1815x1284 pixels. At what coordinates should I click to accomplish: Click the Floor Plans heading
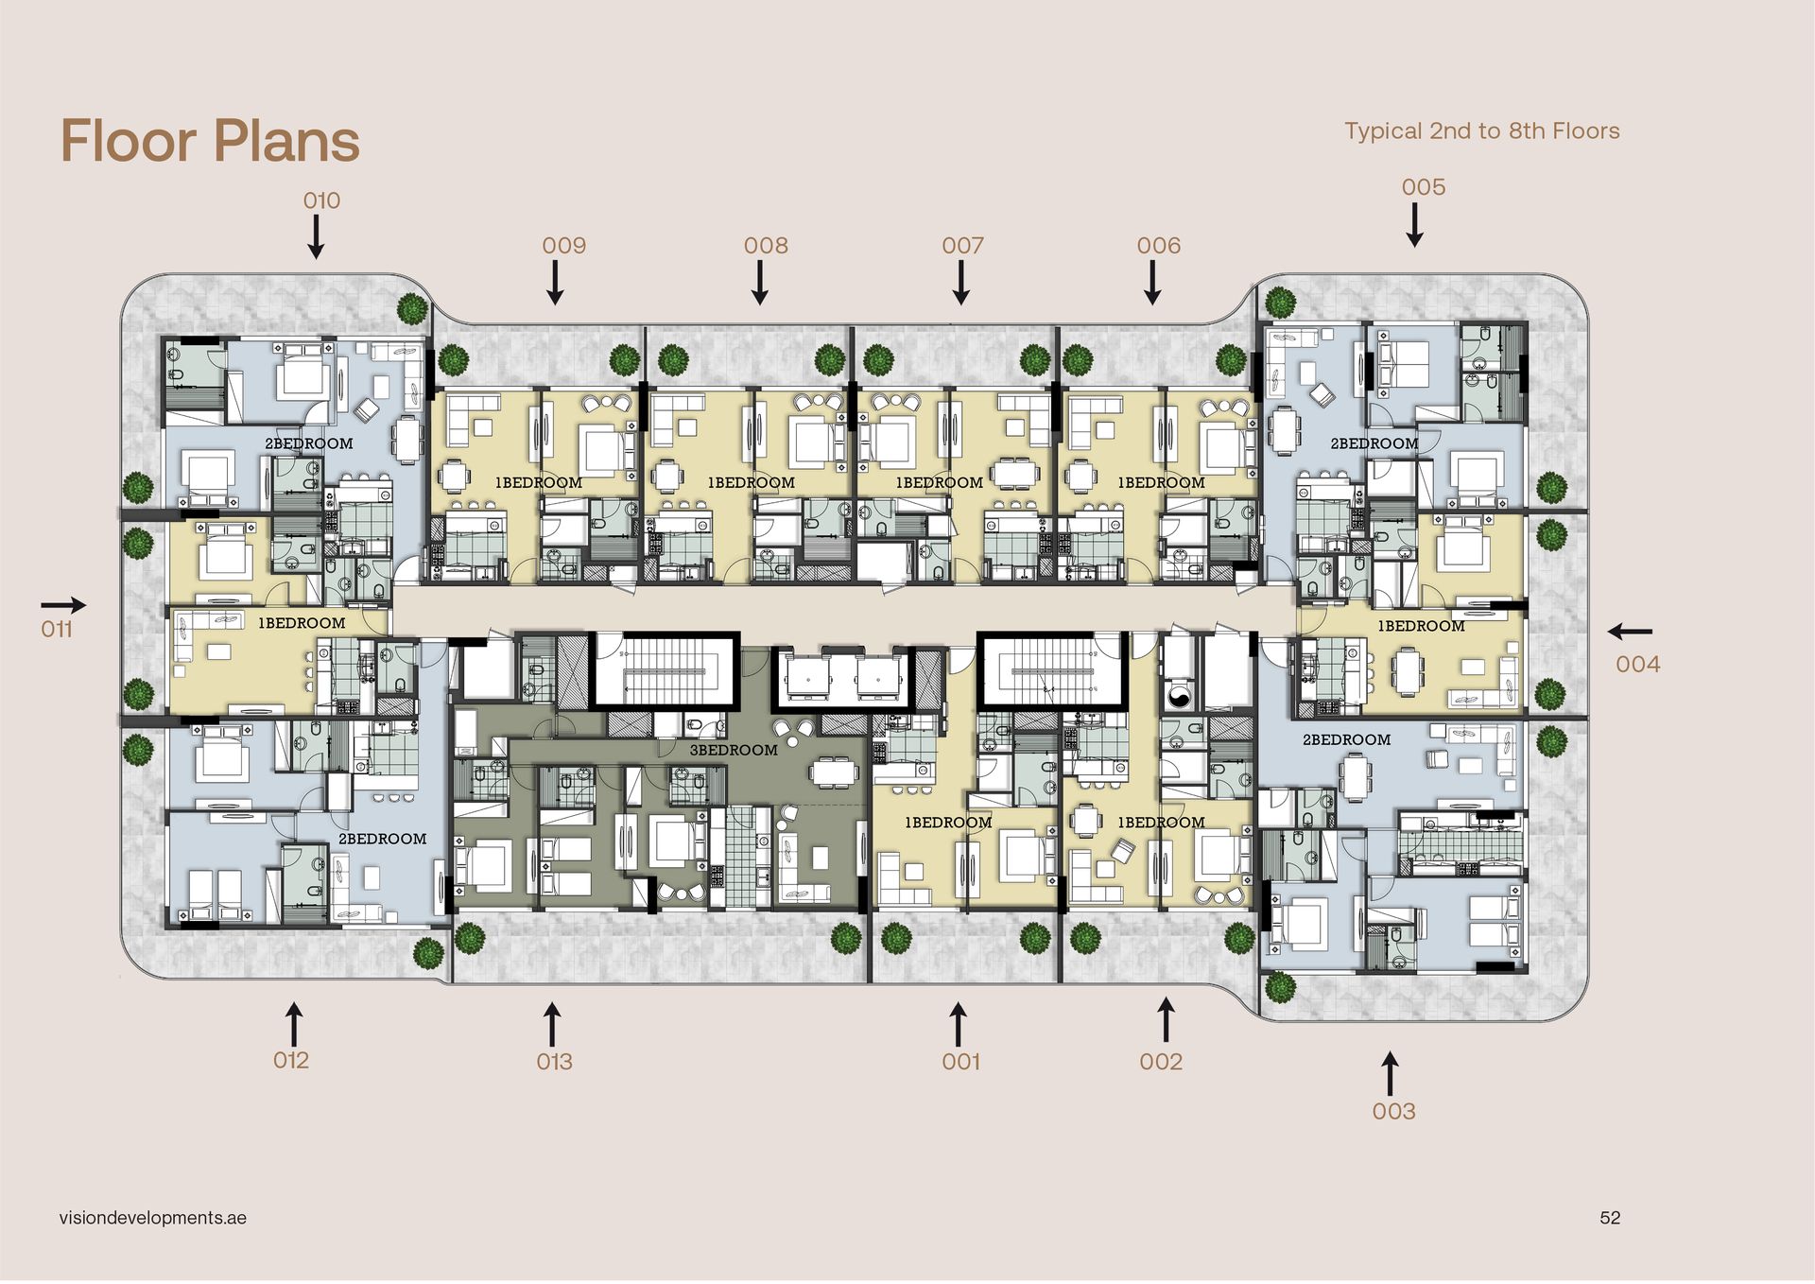click(210, 141)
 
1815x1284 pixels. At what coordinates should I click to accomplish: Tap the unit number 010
click(321, 200)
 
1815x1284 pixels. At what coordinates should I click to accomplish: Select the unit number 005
click(1424, 187)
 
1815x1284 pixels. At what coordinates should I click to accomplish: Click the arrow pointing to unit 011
click(63, 605)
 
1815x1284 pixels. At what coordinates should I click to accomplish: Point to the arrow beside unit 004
click(1630, 631)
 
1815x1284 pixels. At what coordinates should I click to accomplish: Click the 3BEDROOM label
click(734, 750)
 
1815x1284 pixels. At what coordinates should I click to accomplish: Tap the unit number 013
click(554, 1062)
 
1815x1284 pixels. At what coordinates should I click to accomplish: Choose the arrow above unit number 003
click(1390, 1073)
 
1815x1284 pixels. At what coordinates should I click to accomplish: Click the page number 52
click(1610, 1218)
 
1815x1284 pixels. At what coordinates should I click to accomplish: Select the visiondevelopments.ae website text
click(152, 1218)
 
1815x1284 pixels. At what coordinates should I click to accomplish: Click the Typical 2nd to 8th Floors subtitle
click(1481, 130)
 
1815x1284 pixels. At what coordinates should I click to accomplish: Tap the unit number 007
click(962, 246)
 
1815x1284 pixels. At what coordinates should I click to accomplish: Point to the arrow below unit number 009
click(556, 283)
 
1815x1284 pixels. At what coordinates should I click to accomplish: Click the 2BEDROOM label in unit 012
click(382, 839)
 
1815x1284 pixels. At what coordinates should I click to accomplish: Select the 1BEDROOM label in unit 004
click(1421, 626)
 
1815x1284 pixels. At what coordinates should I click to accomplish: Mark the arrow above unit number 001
click(958, 1025)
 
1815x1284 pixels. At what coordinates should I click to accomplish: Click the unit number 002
click(1161, 1062)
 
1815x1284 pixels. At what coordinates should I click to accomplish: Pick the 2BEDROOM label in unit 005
click(1374, 443)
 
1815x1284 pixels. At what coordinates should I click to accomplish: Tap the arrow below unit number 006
click(1152, 283)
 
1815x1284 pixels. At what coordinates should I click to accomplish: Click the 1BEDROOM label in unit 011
click(302, 623)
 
